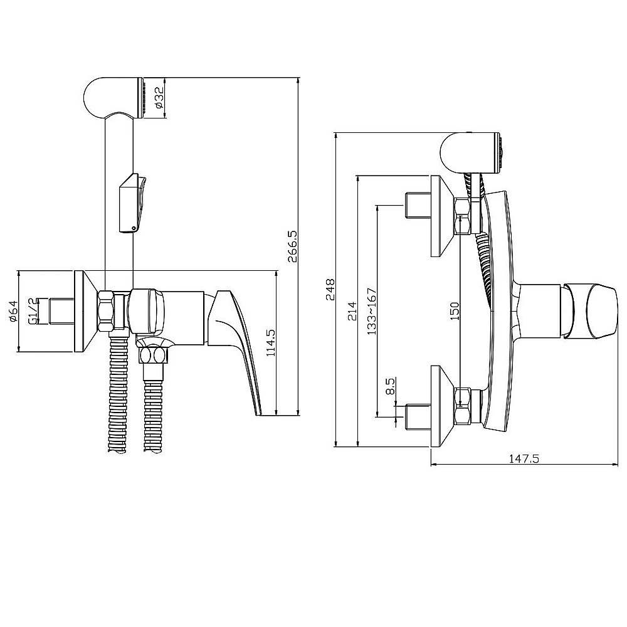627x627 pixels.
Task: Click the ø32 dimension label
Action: [x=159, y=98]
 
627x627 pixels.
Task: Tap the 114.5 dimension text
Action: [x=270, y=343]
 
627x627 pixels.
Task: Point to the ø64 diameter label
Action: [x=13, y=312]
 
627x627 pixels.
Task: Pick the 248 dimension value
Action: [x=330, y=290]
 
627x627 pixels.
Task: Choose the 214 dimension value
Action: [x=352, y=311]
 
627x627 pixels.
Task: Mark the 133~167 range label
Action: [x=372, y=311]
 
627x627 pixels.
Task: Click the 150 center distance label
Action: [x=455, y=311]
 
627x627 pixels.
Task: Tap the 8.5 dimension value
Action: [x=390, y=386]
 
